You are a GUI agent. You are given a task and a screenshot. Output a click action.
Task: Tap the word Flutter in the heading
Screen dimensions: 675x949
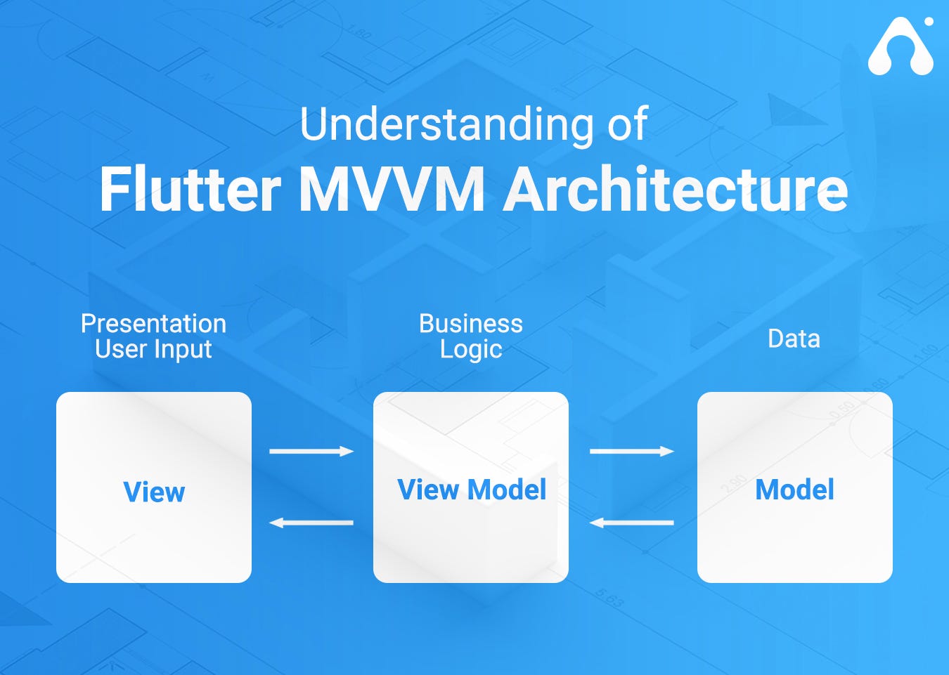coord(190,190)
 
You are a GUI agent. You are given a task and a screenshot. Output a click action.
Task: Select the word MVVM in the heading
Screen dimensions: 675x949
coord(392,190)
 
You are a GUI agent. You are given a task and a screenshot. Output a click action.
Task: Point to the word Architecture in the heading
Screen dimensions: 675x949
coord(676,190)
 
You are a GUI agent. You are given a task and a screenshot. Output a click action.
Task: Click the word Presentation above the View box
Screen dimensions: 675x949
coord(153,324)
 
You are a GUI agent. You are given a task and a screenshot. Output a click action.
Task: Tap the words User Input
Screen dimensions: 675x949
coord(153,349)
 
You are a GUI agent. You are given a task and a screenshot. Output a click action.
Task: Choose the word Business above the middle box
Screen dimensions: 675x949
coord(470,324)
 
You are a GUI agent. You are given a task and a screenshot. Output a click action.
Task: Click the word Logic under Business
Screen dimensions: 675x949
coord(470,349)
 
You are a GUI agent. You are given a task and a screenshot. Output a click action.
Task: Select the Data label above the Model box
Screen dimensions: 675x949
coord(794,339)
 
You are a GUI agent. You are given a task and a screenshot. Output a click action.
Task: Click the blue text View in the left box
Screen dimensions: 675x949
coord(154,492)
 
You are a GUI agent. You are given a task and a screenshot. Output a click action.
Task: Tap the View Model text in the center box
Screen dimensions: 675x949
coord(471,490)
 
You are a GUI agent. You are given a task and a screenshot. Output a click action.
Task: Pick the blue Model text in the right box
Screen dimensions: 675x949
coord(794,490)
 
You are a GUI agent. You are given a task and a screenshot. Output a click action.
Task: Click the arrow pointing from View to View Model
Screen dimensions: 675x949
coord(311,451)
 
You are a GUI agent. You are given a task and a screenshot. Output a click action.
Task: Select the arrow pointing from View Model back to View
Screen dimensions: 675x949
coord(311,523)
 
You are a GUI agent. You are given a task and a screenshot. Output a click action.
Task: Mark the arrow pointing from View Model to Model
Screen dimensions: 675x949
coord(631,451)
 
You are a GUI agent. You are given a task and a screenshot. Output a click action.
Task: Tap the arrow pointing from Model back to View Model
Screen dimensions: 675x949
coord(631,523)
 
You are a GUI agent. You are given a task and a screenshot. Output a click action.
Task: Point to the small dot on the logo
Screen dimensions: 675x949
coord(929,22)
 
